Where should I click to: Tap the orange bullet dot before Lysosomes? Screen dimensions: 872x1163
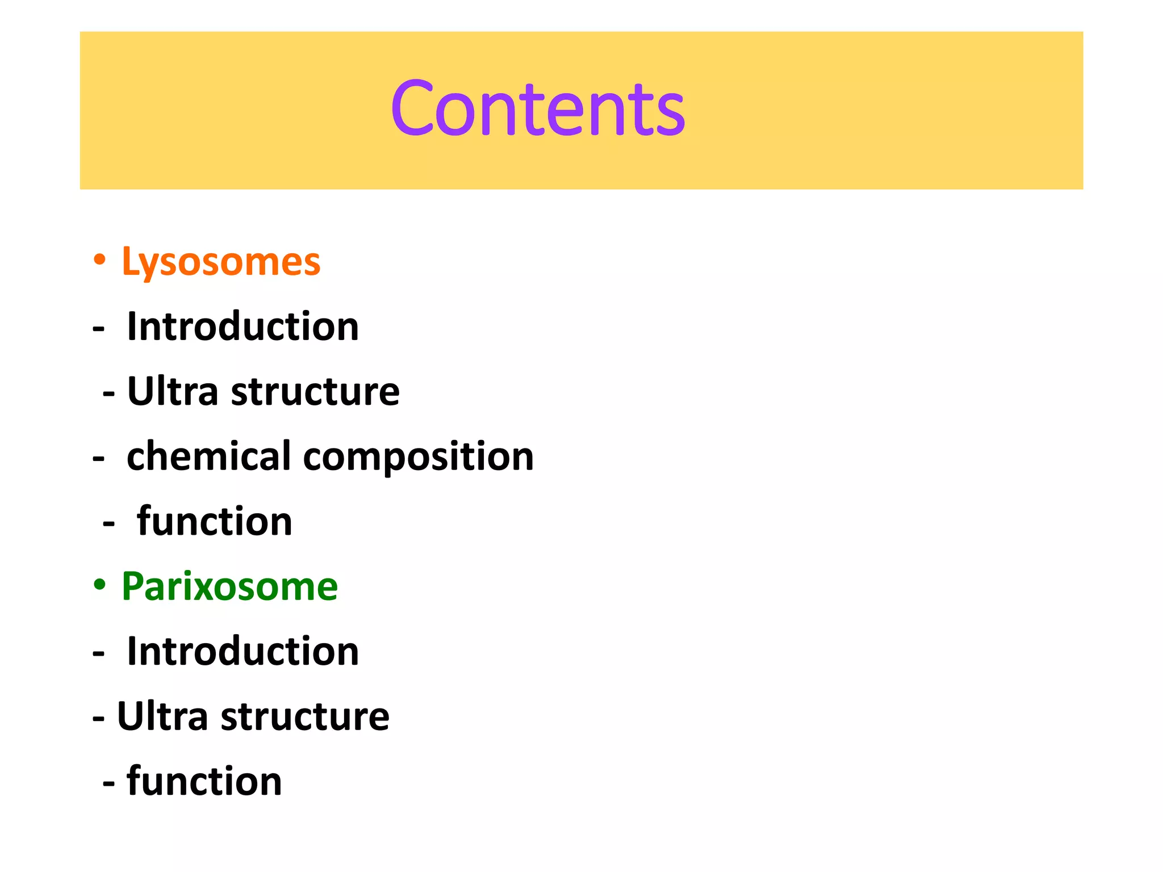click(x=99, y=260)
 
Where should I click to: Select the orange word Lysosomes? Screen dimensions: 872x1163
click(x=221, y=262)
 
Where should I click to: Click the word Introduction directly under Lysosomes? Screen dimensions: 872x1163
click(x=242, y=327)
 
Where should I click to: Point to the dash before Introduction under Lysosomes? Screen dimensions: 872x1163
click(x=99, y=329)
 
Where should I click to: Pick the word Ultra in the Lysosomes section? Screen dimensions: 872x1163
click(x=173, y=391)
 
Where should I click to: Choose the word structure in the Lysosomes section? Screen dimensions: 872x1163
click(x=315, y=392)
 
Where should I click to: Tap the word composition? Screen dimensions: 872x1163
click(x=419, y=458)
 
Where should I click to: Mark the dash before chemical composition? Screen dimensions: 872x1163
click(x=99, y=459)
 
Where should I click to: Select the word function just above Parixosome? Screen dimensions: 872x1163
click(x=215, y=521)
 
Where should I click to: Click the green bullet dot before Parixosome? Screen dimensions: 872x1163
click(x=99, y=585)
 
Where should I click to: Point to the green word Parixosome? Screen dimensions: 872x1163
click(x=229, y=586)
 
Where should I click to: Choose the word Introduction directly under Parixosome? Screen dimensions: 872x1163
click(x=242, y=651)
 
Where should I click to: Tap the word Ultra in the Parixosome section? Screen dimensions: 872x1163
click(x=162, y=716)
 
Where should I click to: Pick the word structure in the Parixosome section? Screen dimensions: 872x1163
click(x=305, y=717)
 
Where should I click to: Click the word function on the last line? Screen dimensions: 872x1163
click(x=204, y=781)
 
